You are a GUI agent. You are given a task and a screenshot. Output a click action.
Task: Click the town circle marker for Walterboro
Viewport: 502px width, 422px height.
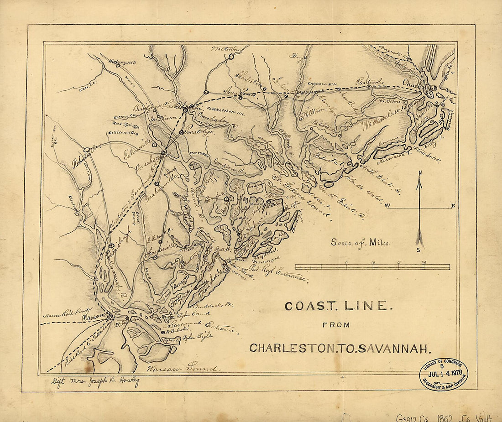[231, 57]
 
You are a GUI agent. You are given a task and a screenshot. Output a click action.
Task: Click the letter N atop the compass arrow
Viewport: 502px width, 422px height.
[420, 173]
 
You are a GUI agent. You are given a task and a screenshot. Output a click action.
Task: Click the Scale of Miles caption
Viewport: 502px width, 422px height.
[361, 243]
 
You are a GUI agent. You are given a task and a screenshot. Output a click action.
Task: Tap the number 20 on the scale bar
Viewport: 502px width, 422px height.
[424, 262]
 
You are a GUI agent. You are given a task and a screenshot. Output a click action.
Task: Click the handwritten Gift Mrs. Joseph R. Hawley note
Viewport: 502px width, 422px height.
[94, 382]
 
